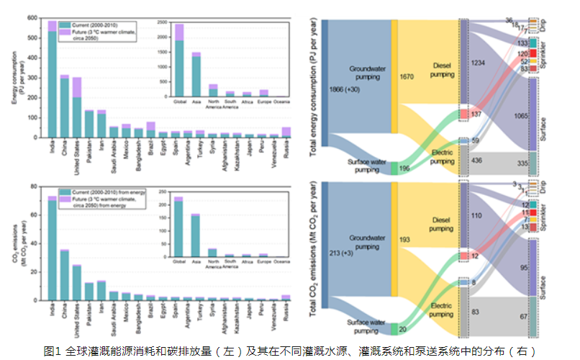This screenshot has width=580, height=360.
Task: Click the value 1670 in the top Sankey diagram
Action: click(407, 76)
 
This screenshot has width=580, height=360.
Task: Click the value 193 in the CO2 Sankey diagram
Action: click(404, 238)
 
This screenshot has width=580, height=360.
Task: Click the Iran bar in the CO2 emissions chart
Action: click(101, 290)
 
